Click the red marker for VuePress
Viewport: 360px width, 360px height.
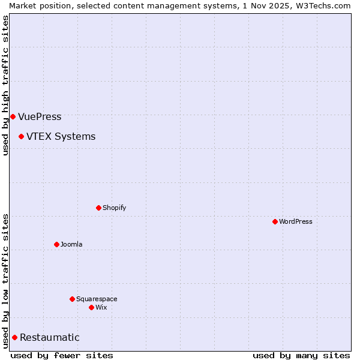(x=13, y=116)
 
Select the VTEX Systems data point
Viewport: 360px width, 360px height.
(x=21, y=136)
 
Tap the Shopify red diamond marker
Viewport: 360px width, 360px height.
(x=98, y=208)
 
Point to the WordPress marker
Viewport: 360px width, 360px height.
(x=275, y=221)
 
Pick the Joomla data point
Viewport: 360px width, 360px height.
(x=56, y=244)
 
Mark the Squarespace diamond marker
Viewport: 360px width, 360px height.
(x=72, y=299)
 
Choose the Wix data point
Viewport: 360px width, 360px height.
(x=91, y=307)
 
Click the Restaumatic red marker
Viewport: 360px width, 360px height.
(x=14, y=337)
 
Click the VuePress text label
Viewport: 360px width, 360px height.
(x=40, y=117)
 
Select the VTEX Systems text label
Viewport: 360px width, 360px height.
(x=61, y=137)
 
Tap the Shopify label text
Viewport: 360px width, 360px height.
(x=114, y=208)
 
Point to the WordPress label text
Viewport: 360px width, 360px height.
(x=295, y=222)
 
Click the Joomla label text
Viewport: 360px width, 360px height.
(x=71, y=245)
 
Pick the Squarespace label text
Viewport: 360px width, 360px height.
(x=97, y=299)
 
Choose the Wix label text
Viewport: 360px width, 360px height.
(x=101, y=308)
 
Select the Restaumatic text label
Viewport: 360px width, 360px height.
(x=49, y=338)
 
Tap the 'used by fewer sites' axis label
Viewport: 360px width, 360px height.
(x=62, y=355)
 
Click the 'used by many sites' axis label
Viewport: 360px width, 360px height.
(x=301, y=355)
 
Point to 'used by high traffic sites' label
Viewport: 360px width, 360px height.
(x=5, y=85)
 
